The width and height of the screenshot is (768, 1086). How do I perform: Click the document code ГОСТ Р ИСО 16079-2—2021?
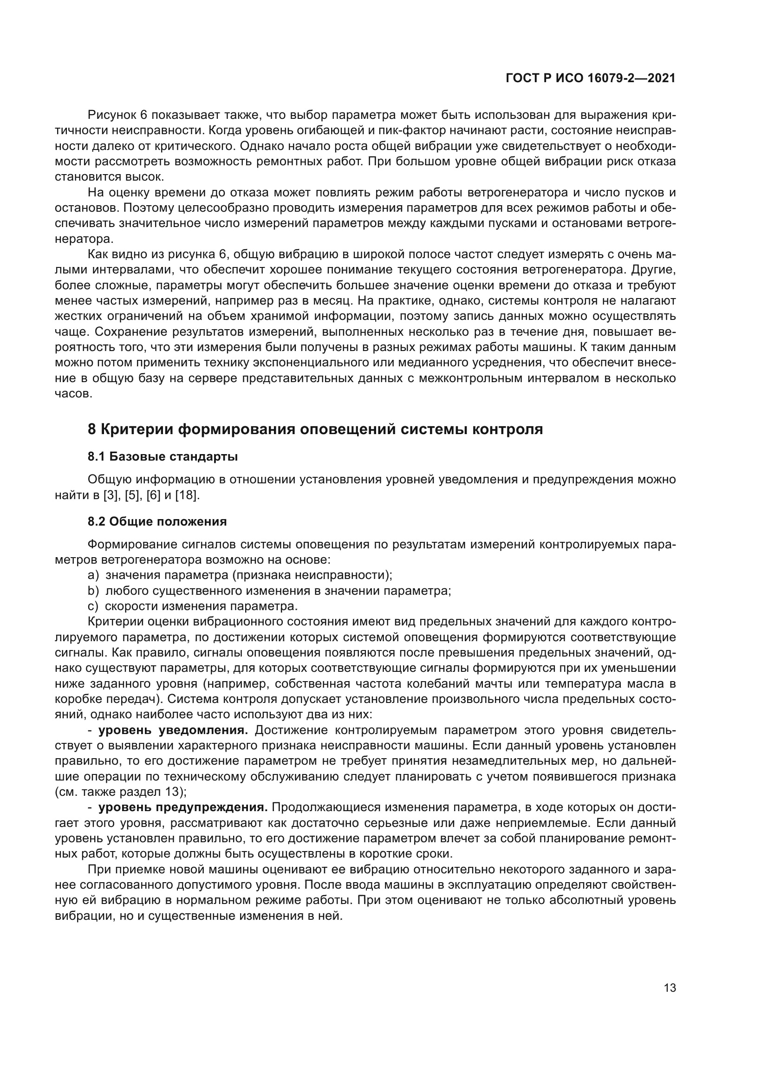coord(590,78)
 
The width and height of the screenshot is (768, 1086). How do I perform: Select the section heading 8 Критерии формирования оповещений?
coord(315,429)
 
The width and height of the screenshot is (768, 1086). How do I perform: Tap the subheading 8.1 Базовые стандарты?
coord(163,456)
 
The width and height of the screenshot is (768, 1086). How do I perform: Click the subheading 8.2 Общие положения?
coord(157,522)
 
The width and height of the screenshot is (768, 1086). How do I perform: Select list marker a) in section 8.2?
coord(93,575)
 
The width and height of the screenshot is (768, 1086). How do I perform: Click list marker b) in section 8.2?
coord(93,591)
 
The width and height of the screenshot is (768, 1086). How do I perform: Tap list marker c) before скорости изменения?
coord(93,606)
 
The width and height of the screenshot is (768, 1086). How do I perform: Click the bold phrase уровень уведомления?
coord(173,730)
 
